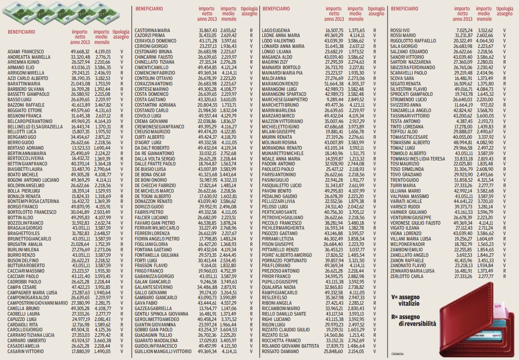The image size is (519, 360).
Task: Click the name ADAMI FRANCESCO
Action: pyautogui.click(x=26, y=51)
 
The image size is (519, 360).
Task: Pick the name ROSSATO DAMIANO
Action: pyautogui.click(x=280, y=352)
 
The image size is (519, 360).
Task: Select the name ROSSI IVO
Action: pyautogui.click(x=400, y=31)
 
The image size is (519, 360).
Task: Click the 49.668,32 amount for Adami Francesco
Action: pyautogui.click(x=80, y=51)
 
